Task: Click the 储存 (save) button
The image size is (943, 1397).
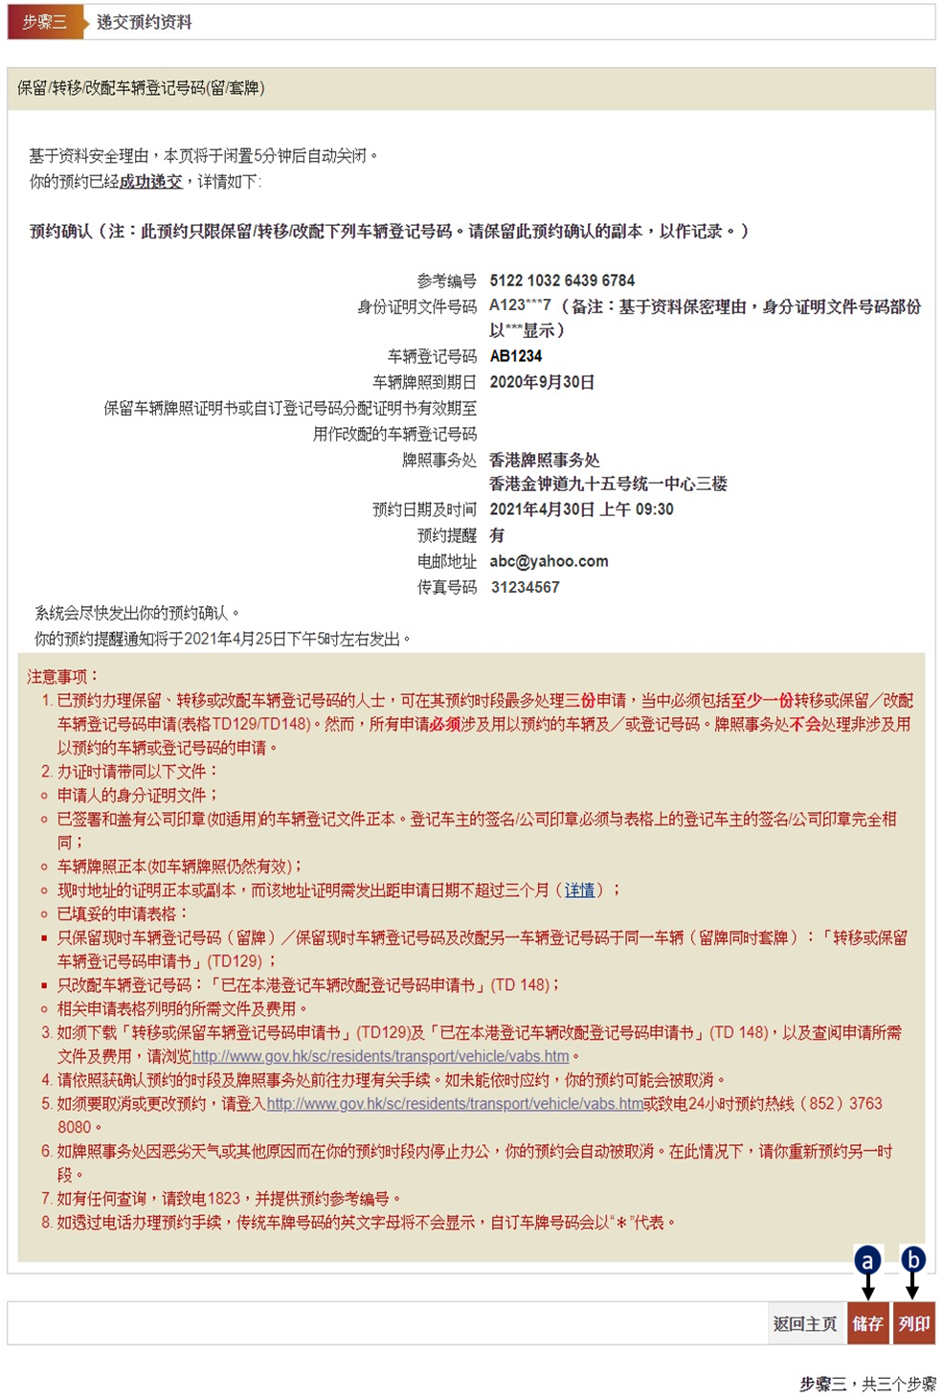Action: pyautogui.click(x=867, y=1323)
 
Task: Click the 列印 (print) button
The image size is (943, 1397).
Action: pyautogui.click(x=913, y=1323)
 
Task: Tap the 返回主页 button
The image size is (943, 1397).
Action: pyautogui.click(x=805, y=1323)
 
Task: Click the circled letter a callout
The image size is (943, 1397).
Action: pyautogui.click(x=867, y=1260)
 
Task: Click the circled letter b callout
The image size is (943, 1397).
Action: pyautogui.click(x=913, y=1259)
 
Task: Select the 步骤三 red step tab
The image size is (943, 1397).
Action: pyautogui.click(x=45, y=22)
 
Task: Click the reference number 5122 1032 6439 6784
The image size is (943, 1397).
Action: pyautogui.click(x=562, y=281)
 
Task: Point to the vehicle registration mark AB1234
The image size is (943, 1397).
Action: pyautogui.click(x=516, y=356)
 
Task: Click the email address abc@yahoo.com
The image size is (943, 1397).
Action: pyautogui.click(x=549, y=561)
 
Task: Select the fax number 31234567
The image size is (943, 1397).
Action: pyautogui.click(x=525, y=587)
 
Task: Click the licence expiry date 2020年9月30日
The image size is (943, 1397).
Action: pyautogui.click(x=542, y=382)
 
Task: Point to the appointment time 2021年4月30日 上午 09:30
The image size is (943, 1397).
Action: pyautogui.click(x=581, y=509)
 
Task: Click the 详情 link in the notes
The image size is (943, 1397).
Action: pyautogui.click(x=579, y=890)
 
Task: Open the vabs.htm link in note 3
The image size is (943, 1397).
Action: pyautogui.click(x=380, y=1056)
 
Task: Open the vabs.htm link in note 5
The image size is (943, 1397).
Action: pyautogui.click(x=455, y=1104)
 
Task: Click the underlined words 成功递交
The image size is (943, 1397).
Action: pyautogui.click(x=150, y=181)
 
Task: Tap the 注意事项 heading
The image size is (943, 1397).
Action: pyautogui.click(x=62, y=677)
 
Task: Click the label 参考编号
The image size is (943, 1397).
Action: pyautogui.click(x=446, y=281)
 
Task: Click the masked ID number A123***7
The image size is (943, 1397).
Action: pyautogui.click(x=520, y=305)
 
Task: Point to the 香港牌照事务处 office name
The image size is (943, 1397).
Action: pyautogui.click(x=545, y=460)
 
